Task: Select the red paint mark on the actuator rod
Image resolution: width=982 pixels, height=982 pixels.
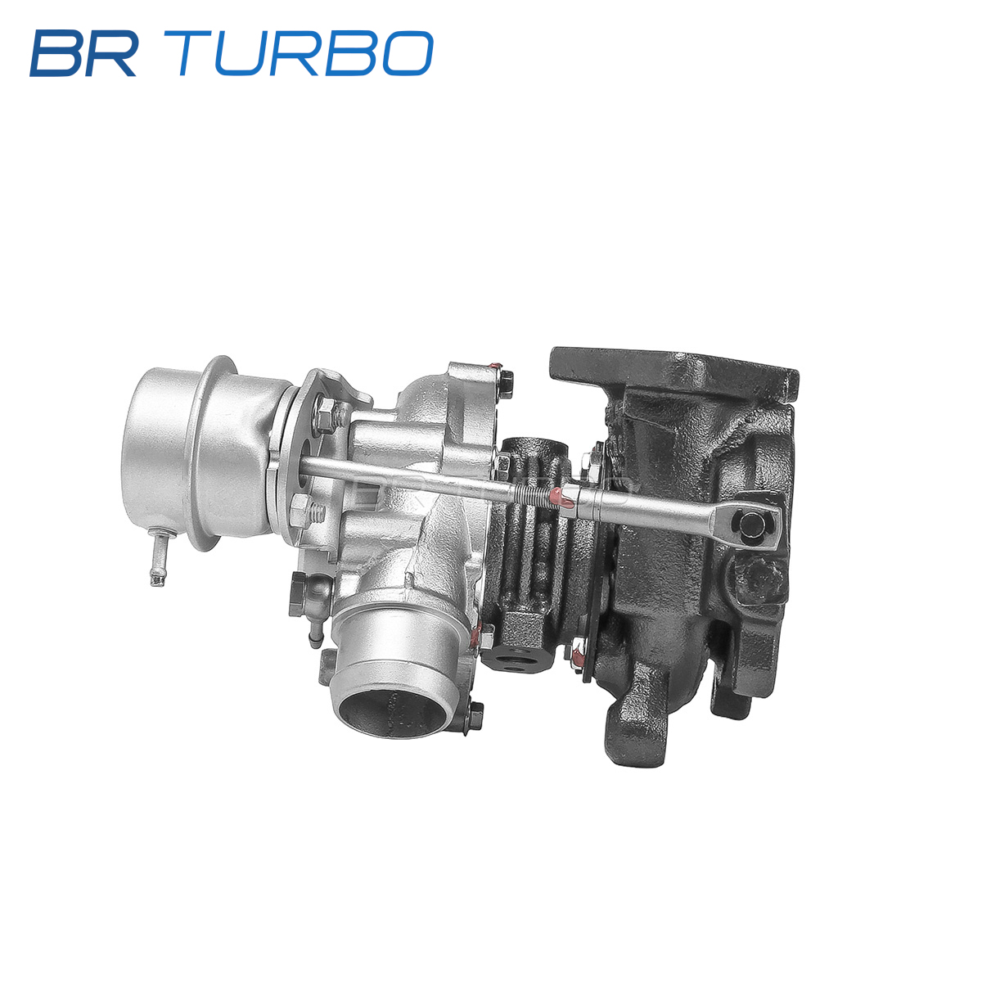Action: pyautogui.click(x=563, y=495)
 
